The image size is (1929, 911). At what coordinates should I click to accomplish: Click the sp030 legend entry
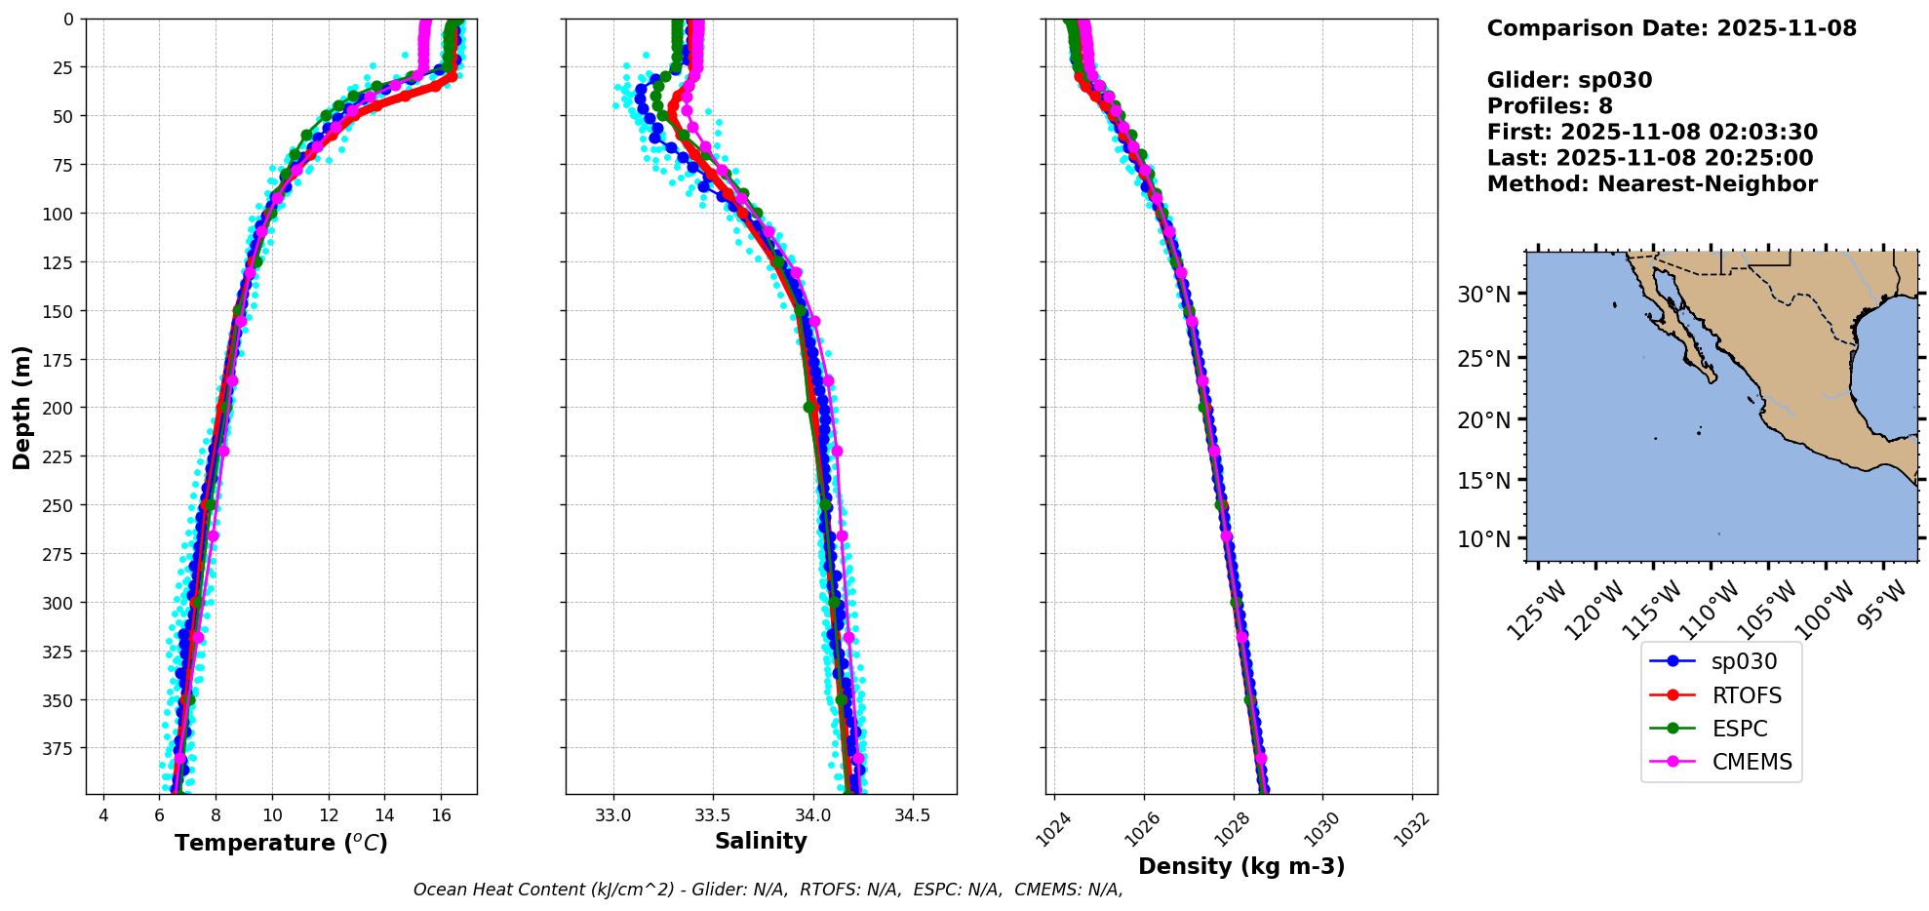coord(1743,661)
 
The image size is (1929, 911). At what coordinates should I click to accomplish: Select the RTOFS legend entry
coord(1746,695)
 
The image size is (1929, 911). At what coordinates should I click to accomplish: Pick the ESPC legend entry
coord(1739,729)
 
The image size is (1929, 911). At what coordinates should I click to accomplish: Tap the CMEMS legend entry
coord(1752,762)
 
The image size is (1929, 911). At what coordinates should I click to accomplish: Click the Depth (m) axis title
coord(21,407)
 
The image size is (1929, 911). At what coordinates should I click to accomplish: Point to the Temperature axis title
coord(281,843)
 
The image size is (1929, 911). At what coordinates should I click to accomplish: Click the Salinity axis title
coord(761,841)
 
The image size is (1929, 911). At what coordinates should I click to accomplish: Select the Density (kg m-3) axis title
coord(1241,866)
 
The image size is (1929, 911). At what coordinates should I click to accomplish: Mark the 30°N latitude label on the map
coord(1483,295)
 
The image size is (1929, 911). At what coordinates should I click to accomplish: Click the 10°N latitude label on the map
coord(1483,539)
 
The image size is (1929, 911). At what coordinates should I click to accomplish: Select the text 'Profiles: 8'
coord(1550,106)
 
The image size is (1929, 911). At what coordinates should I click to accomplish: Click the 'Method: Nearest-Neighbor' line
coord(1652,184)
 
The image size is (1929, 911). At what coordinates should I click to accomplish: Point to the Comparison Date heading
coord(1672,28)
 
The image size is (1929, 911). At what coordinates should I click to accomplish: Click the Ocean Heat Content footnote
coord(768,890)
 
